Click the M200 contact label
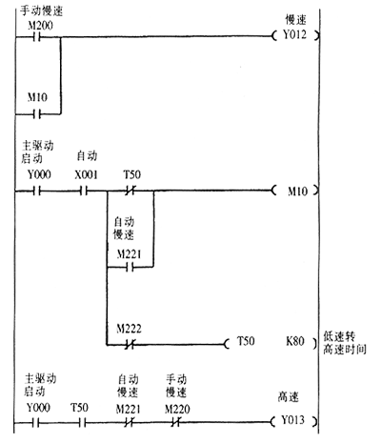pyautogui.click(x=40, y=26)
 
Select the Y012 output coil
pyautogui.click(x=295, y=35)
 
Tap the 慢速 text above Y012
pyautogui.click(x=295, y=20)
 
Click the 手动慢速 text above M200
pyautogui.click(x=42, y=10)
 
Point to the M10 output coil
pyautogui.click(x=295, y=191)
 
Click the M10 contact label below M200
pyautogui.click(x=37, y=97)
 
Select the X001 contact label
pyautogui.click(x=86, y=174)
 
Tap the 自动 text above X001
pyautogui.click(x=87, y=156)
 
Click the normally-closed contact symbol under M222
pyautogui.click(x=129, y=345)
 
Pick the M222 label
pyautogui.click(x=129, y=329)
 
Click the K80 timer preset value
pyautogui.click(x=295, y=341)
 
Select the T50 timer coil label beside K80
pyautogui.click(x=246, y=341)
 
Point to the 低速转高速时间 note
pyautogui.click(x=345, y=343)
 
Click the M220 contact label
pyautogui.click(x=177, y=409)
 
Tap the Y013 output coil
pyautogui.click(x=294, y=421)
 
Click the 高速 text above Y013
pyautogui.click(x=289, y=397)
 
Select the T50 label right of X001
pyautogui.click(x=132, y=174)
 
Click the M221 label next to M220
pyautogui.click(x=129, y=409)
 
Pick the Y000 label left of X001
pyautogui.click(x=39, y=174)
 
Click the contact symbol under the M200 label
pyautogui.click(x=37, y=37)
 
